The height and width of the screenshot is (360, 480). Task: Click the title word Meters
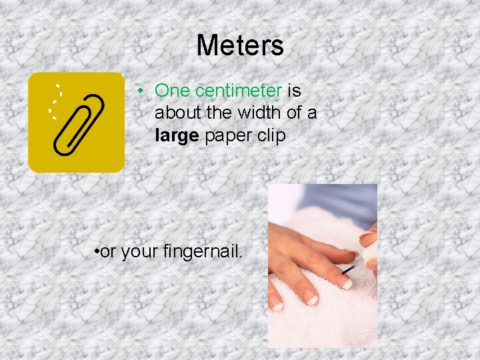(240, 45)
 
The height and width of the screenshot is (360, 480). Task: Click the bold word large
(177, 136)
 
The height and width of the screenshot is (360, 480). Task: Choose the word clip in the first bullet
(272, 136)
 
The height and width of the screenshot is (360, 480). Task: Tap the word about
(175, 113)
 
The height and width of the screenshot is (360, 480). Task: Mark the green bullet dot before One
(142, 91)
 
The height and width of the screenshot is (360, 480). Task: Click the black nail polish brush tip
(347, 271)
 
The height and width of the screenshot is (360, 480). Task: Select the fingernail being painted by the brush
(345, 283)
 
